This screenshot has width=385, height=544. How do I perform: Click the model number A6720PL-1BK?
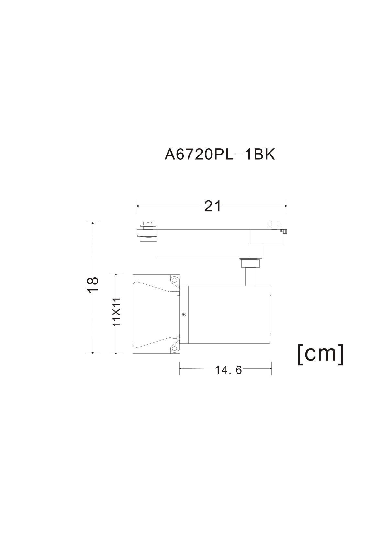(220, 154)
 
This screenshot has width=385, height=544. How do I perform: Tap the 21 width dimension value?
(213, 206)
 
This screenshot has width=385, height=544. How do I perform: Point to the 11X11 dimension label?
(116, 312)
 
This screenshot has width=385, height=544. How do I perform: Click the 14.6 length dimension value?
(228, 370)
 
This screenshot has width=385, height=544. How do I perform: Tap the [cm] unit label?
(321, 354)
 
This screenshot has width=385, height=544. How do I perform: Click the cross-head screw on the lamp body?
(184, 315)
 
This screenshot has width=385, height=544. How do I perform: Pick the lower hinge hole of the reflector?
(174, 348)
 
